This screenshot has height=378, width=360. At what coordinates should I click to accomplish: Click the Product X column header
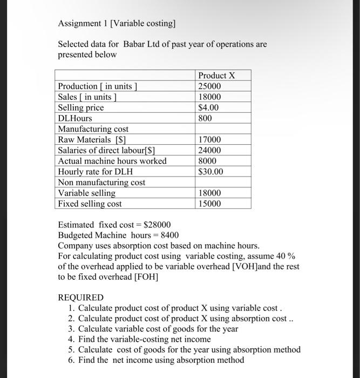tap(216, 75)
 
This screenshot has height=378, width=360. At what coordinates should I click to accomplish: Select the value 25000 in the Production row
tap(210, 86)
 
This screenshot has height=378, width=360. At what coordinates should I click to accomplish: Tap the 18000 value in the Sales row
tap(210, 97)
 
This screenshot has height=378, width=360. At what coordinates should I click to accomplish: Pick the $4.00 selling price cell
tap(209, 107)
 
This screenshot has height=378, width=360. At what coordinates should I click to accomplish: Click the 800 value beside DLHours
tap(206, 118)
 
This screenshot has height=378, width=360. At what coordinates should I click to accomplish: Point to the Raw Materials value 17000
tap(210, 140)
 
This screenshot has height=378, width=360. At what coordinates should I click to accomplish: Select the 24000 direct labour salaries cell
tap(210, 151)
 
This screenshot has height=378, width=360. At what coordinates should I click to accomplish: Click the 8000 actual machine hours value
tap(208, 161)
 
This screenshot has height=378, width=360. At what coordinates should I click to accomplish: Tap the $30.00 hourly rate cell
tap(211, 172)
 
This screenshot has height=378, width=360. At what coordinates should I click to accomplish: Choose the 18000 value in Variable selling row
tap(210, 193)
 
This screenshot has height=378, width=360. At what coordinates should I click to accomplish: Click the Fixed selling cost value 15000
tap(210, 204)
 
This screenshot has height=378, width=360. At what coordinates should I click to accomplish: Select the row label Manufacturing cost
tap(93, 129)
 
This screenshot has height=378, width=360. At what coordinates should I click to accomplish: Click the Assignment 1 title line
tap(117, 24)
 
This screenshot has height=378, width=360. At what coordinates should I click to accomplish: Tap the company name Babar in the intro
tap(135, 44)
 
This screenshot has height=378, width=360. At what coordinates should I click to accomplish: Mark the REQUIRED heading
tap(80, 298)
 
